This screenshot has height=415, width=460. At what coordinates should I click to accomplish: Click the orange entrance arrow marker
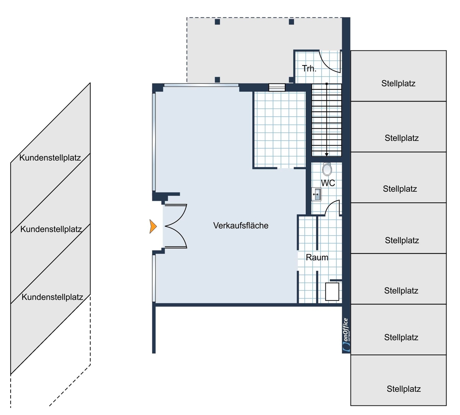pyautogui.click(x=153, y=226)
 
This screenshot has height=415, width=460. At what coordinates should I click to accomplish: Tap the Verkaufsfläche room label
pyautogui.click(x=241, y=226)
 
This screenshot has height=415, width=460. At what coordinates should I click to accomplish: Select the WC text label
pyautogui.click(x=328, y=183)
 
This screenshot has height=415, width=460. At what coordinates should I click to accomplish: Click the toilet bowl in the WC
pyautogui.click(x=327, y=169)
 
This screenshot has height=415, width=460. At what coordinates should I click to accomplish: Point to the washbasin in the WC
pyautogui.click(x=316, y=194)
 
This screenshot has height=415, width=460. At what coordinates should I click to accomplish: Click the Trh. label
pyautogui.click(x=309, y=68)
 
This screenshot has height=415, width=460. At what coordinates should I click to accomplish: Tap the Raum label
pyautogui.click(x=317, y=258)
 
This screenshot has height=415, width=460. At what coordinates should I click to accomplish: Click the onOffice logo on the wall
pyautogui.click(x=346, y=335)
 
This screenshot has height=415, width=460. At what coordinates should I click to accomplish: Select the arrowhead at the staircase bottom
pyautogui.click(x=326, y=155)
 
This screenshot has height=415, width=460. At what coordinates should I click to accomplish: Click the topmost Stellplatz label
pyautogui.click(x=398, y=83)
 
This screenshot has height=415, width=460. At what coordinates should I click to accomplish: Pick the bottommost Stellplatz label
pyautogui.click(x=404, y=389)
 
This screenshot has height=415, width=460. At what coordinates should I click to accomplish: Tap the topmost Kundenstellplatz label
pyautogui.click(x=50, y=157)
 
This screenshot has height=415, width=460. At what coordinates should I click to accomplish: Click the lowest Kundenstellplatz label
pyautogui.click(x=52, y=297)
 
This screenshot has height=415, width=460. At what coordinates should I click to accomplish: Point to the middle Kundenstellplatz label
pyautogui.click(x=51, y=229)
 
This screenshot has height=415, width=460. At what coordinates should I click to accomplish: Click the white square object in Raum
pyautogui.click(x=332, y=291)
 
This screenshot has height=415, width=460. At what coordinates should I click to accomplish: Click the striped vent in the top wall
pyautogui.click(x=277, y=87)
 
